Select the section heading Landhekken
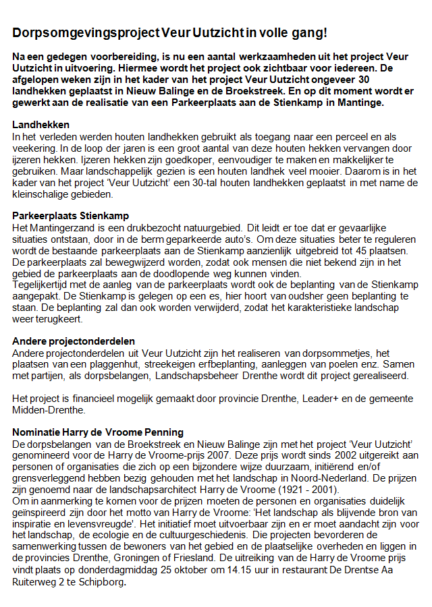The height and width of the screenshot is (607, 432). pos(41,125)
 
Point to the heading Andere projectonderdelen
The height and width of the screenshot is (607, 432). pos(74,341)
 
